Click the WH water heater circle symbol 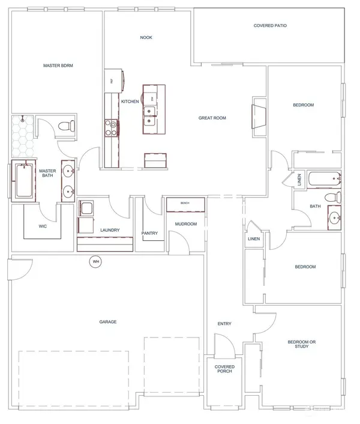coord(95,261)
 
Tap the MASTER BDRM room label coord(58,65)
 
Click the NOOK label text coord(146,38)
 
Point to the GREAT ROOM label coord(212,118)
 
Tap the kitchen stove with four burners coord(112,127)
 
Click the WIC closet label coord(43,226)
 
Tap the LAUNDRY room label coord(110,230)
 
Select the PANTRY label coord(149,233)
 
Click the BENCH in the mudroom coord(185,204)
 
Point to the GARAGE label coord(108,322)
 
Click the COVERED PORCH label coord(224,369)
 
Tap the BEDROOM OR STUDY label coord(298,344)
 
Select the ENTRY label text coord(224,324)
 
